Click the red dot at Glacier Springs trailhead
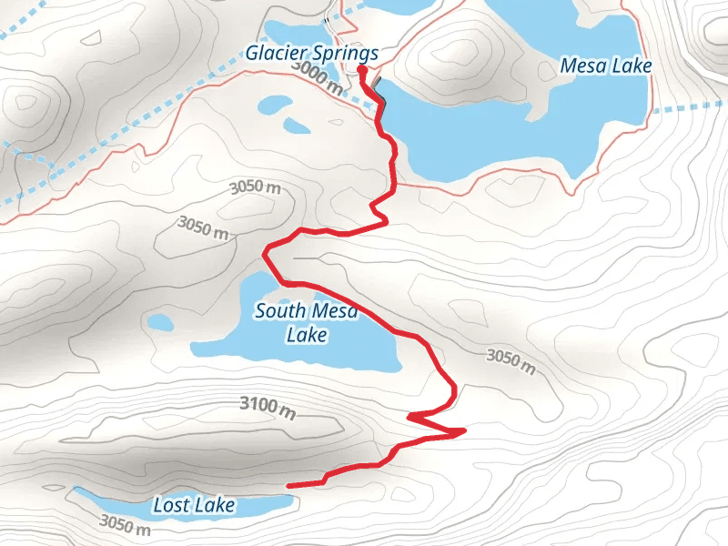tap(361, 69)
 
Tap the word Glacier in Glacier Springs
tap(274, 54)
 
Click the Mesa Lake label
tap(606, 66)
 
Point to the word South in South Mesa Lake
tap(278, 311)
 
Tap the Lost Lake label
tap(194, 505)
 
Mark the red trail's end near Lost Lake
tap(288, 486)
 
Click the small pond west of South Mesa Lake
tap(160, 322)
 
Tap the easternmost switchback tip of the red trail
tap(464, 430)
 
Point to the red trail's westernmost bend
tap(265, 250)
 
